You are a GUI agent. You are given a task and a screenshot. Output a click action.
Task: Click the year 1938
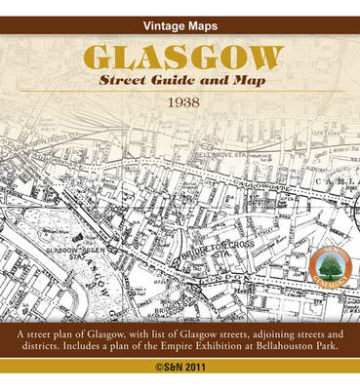click(180, 101)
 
